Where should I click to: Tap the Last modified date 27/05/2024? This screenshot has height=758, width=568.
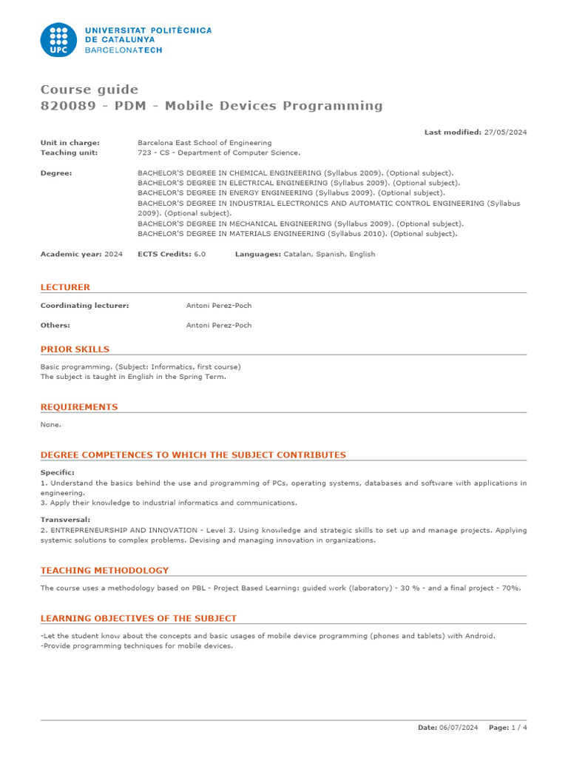506,132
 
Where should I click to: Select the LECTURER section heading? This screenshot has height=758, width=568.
65,286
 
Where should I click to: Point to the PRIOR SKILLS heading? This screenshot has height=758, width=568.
75,349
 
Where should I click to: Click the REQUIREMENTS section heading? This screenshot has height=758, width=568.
79,406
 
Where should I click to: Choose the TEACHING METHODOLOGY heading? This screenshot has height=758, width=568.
104,570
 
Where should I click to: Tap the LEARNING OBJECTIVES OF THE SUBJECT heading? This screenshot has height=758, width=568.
138,618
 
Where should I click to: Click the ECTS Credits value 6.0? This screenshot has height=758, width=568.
200,254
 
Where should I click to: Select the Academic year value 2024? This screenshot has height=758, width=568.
114,254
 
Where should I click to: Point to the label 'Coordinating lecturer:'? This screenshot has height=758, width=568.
84,305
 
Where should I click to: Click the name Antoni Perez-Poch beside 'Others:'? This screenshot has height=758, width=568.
219,325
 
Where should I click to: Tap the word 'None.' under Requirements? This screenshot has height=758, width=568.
51,425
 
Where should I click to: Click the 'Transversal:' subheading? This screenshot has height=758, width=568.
66,520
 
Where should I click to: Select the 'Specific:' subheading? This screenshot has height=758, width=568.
58,472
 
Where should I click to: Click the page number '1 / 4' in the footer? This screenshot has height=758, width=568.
520,728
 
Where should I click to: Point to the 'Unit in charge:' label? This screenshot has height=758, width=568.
70,143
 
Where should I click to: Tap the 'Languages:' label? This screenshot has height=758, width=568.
258,254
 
